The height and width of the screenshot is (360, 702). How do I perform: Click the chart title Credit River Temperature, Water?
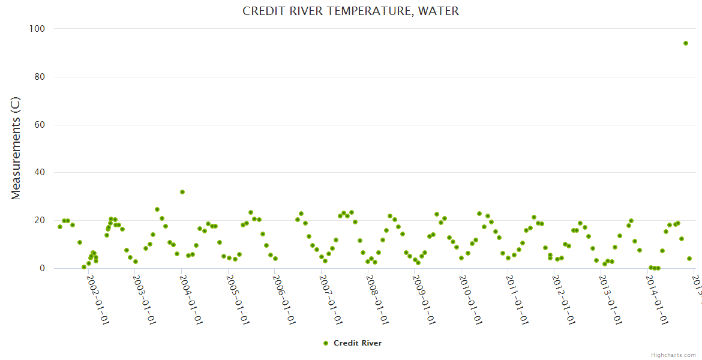[x=350, y=11]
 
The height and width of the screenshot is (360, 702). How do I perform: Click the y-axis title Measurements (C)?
[x=16, y=149]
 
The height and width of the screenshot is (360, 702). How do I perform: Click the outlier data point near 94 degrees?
[x=685, y=43]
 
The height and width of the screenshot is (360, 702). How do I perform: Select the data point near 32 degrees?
[x=182, y=192]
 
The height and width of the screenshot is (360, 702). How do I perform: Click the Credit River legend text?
[x=358, y=343]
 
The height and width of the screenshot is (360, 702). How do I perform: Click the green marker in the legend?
[x=326, y=343]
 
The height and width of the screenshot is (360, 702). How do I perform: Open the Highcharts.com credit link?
[x=673, y=355]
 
